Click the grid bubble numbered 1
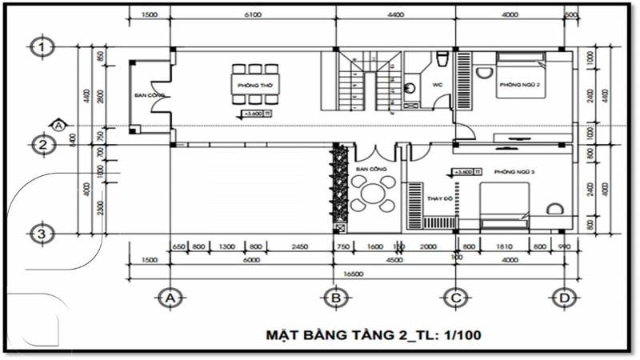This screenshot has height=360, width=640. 41,47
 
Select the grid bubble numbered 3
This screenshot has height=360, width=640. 41,234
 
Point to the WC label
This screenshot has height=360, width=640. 438,83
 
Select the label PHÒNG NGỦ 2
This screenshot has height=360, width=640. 521,85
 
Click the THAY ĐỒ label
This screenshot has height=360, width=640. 440,198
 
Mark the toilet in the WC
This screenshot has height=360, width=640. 442,58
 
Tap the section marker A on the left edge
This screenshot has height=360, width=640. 58,125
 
